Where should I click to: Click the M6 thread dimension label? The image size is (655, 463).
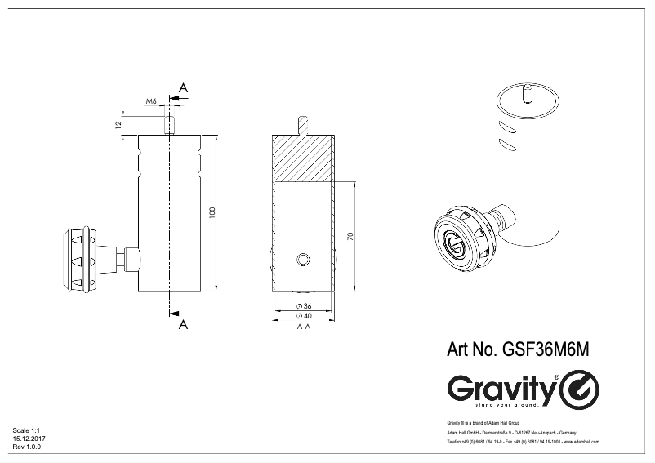click(x=152, y=101)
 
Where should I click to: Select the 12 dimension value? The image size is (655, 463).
click(x=119, y=124)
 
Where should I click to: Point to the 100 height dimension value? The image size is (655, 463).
click(x=213, y=212)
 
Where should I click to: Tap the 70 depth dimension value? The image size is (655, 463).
click(x=350, y=237)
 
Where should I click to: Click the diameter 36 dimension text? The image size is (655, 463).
click(x=302, y=306)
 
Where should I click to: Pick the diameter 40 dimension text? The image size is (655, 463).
click(x=302, y=315)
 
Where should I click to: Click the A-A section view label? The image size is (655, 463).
click(x=302, y=327)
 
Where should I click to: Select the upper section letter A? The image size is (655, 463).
click(x=183, y=87)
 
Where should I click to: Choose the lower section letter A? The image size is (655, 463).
click(x=183, y=324)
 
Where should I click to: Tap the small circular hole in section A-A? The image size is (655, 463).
click(x=303, y=260)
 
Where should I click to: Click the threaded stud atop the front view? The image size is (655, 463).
click(x=168, y=126)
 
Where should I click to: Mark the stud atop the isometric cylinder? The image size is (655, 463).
click(x=528, y=92)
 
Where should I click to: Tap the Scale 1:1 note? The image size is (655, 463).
click(x=27, y=430)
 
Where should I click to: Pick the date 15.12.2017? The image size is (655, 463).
click(x=29, y=439)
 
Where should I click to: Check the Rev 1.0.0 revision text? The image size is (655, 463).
click(x=27, y=447)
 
